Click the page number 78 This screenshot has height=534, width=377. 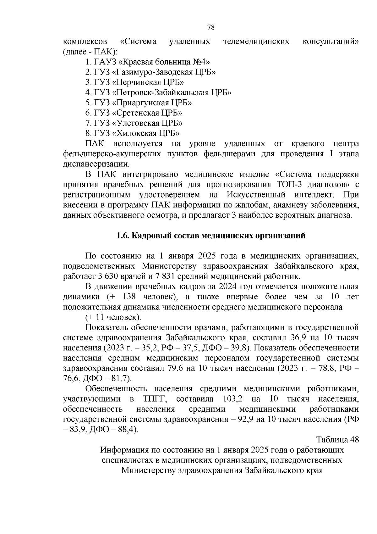point(211,27)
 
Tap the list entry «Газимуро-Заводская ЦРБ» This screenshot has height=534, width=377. point(150,72)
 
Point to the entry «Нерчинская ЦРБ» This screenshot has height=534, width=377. point(135,82)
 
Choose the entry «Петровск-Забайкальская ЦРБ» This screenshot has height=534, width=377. point(159,92)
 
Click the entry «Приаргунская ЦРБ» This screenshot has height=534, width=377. point(139,103)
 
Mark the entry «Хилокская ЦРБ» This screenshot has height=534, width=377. point(132,133)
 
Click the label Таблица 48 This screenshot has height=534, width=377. point(337,440)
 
